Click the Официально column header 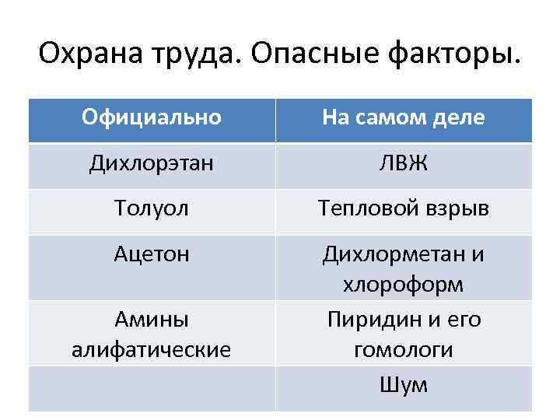pos(152,117)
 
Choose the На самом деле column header pos(404,117)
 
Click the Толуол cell pos(152,209)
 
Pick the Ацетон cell pos(152,254)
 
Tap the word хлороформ pos(404,285)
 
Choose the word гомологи pos(404,350)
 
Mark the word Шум pos(404,384)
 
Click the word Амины pos(152,320)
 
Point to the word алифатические pos(152,350)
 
